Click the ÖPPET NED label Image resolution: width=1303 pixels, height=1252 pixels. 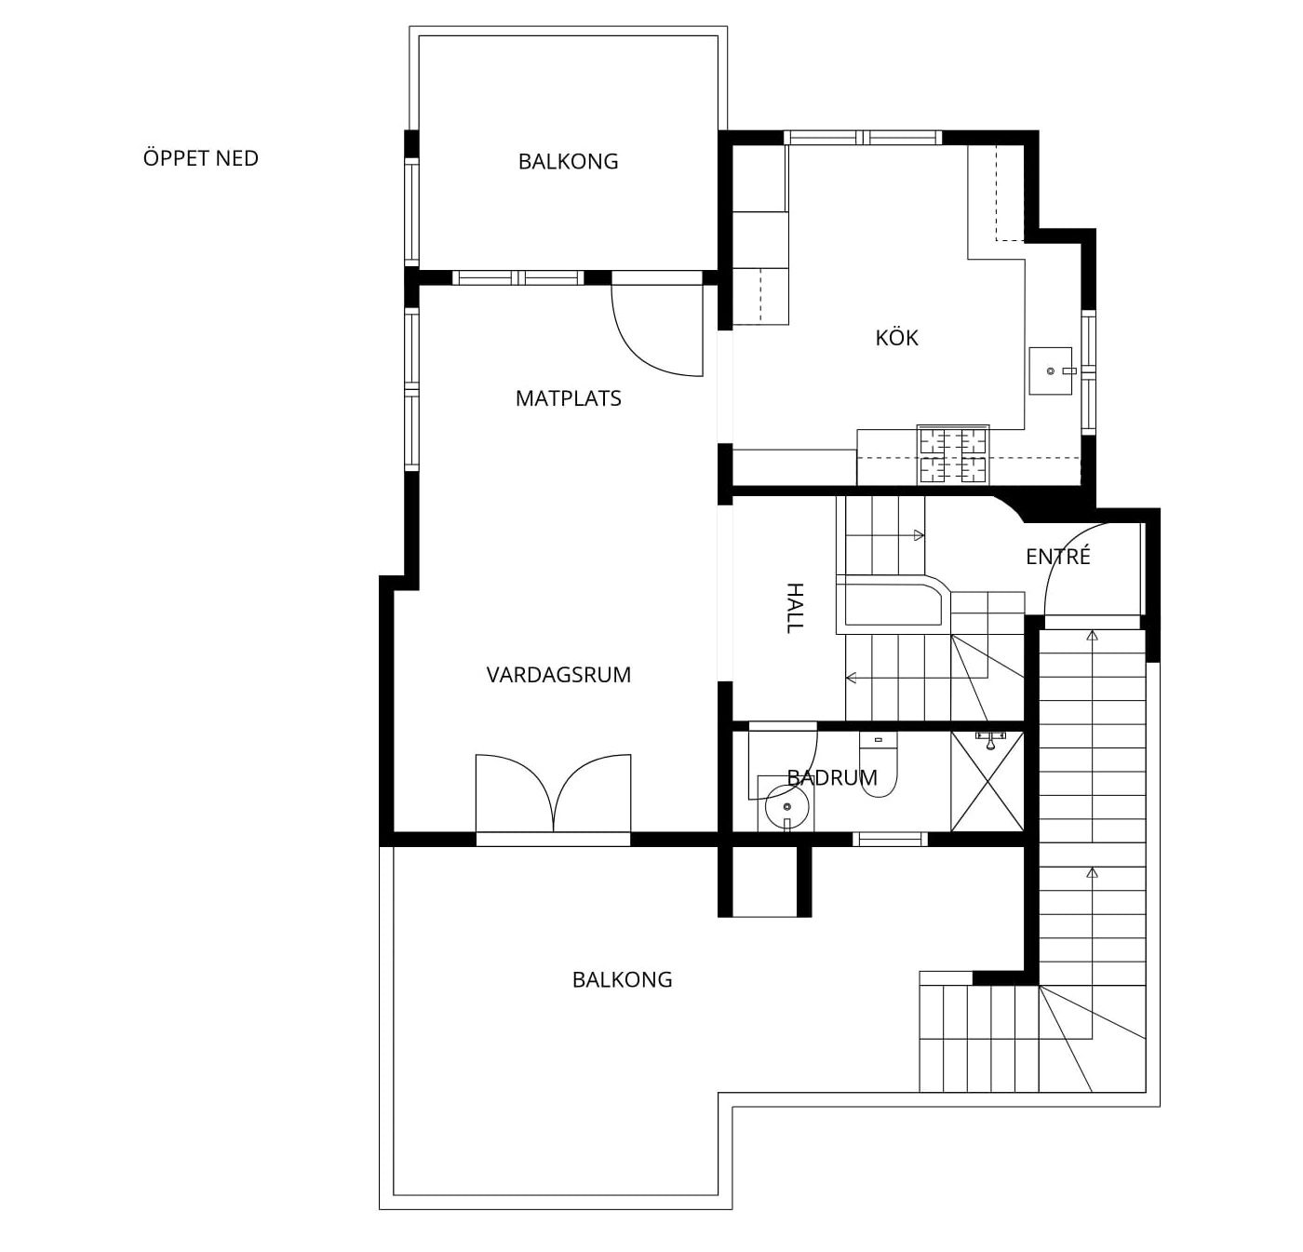tap(201, 158)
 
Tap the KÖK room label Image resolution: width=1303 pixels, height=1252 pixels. tap(896, 338)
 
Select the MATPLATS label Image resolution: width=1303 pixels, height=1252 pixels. tap(569, 398)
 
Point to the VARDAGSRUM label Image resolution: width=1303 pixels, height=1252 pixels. tap(558, 675)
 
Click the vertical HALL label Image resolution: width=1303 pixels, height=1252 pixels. tap(794, 608)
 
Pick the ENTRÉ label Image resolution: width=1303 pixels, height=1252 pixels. tap(1058, 556)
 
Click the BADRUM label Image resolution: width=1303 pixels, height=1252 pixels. tap(832, 777)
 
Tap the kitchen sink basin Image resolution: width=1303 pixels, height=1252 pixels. tap(1050, 370)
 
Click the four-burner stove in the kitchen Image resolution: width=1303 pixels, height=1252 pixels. tap(953, 454)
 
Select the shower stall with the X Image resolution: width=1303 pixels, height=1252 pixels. tap(987, 781)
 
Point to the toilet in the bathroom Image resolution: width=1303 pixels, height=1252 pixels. tap(878, 764)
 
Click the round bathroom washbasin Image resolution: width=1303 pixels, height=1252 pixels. tap(786, 807)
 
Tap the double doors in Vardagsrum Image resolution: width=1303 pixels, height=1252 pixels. tap(553, 795)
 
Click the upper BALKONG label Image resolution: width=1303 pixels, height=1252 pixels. tap(568, 161)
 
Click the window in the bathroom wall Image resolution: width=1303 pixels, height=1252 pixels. tap(890, 839)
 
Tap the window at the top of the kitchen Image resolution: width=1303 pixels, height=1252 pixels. tap(863, 138)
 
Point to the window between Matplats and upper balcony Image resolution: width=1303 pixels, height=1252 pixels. tap(518, 277)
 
